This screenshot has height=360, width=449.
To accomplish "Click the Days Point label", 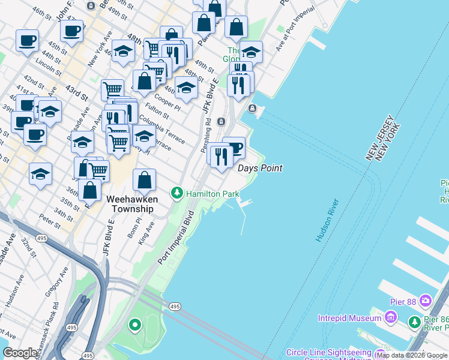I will [x=260, y=169].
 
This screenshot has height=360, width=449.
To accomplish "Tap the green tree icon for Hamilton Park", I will [x=176, y=193].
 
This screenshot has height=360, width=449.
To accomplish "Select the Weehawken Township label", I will [x=132, y=204].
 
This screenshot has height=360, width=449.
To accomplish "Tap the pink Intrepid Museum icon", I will [x=391, y=316].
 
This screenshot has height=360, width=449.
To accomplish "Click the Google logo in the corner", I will [x=20, y=353].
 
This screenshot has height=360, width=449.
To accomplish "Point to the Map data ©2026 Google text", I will [x=411, y=355].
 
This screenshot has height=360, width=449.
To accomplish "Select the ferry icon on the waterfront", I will [x=252, y=109].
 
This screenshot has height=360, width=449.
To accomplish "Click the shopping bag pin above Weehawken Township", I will [x=145, y=179].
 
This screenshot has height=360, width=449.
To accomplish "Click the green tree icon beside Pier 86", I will [x=415, y=322].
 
